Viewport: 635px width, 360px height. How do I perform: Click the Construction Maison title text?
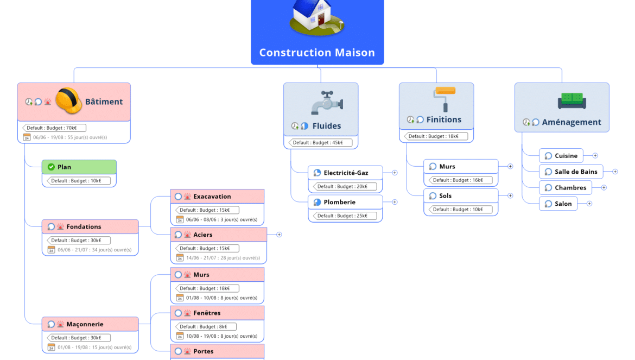pos(317,53)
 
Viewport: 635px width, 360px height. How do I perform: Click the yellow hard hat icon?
pos(69,102)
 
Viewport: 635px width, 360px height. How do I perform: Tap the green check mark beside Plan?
pos(51,167)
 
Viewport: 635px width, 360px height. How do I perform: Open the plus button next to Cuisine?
pos(595,156)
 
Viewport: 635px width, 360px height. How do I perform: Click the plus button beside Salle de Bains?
pos(615,172)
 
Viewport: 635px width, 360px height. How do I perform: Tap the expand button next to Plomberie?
pos(395,202)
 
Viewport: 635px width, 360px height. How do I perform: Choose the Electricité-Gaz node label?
pos(346,173)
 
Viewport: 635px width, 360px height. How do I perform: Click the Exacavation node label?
pos(212,197)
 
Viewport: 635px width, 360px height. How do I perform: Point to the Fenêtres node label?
pos(207,313)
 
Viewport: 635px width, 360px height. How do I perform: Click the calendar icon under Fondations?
pos(51,250)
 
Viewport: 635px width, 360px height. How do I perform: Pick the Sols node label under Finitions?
pos(445,195)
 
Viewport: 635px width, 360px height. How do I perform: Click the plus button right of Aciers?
pos(279,235)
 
